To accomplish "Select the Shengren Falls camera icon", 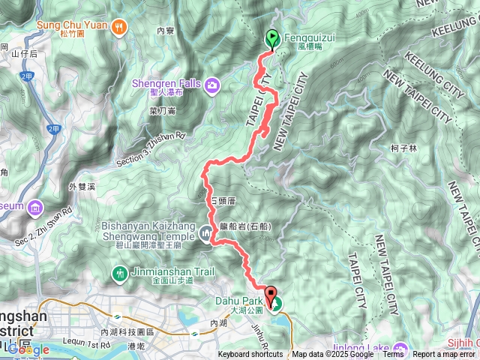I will pos(212,84).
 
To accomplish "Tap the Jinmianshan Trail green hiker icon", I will pos(118,272).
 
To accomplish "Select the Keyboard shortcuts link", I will pos(251,355).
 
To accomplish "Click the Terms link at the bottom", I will pos(393,355).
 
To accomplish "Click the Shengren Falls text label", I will pos(167,84).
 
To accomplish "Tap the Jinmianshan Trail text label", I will pos(162,272).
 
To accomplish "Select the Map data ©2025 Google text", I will pos(332,355).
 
